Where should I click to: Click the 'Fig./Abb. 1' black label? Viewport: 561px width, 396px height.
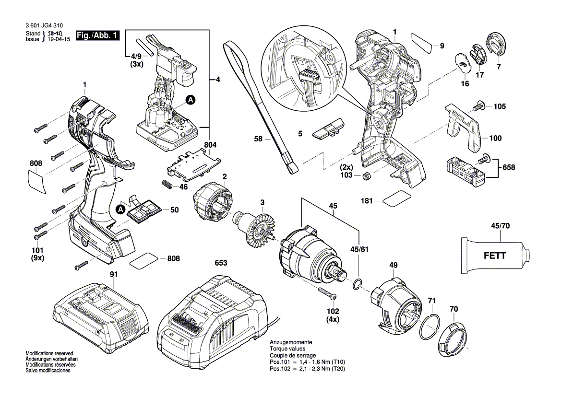pos(97,35)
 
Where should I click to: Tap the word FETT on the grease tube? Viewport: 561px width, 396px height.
pos(494,256)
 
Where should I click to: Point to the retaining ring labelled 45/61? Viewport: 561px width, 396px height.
pos(356,285)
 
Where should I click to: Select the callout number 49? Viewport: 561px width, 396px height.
pos(393,265)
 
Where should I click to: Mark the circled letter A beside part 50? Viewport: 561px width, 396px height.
pos(120,209)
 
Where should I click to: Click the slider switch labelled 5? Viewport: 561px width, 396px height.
pos(328,129)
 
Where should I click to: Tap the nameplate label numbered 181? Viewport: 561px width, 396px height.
pos(397,198)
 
